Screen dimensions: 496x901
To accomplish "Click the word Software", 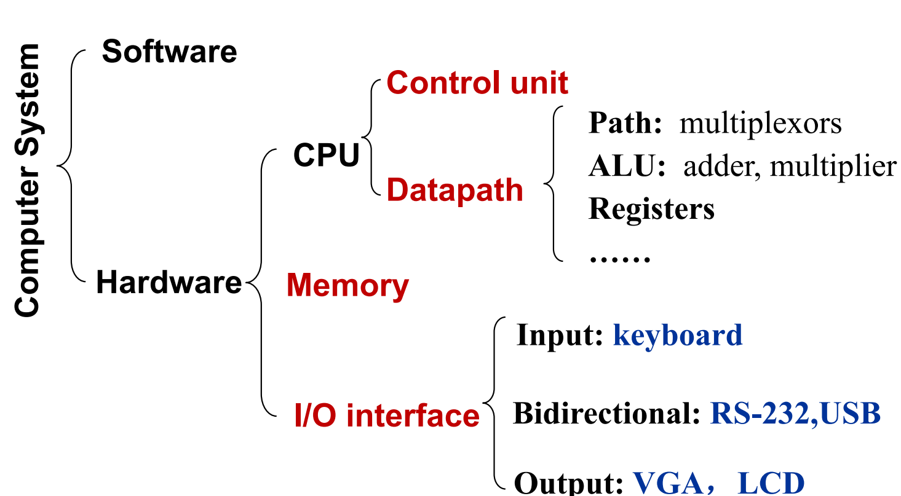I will click(169, 52).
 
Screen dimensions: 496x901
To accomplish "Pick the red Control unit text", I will click(477, 82).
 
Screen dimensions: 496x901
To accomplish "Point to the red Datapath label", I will click(455, 191).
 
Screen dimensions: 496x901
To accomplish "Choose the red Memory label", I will click(347, 286).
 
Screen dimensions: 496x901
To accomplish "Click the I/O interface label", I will click(387, 416).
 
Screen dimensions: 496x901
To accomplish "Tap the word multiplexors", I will click(760, 124).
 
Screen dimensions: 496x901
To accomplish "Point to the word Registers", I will click(651, 209).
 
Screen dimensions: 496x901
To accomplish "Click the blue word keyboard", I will click(678, 336).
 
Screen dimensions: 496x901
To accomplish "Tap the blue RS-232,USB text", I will click(795, 414).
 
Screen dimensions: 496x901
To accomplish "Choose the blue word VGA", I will click(669, 483).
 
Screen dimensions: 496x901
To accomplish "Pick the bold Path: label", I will click(625, 124).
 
